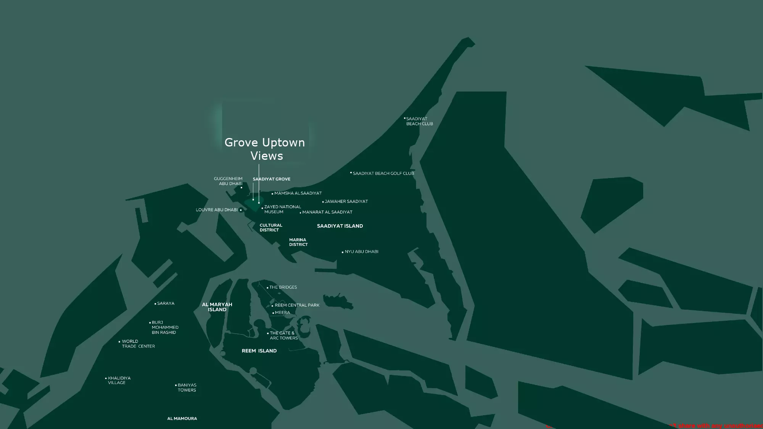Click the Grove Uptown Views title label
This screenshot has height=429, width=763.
click(265, 149)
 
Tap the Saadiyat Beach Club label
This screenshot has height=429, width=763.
click(419, 121)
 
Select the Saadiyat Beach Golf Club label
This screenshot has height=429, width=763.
click(383, 174)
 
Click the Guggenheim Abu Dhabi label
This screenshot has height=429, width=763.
click(228, 181)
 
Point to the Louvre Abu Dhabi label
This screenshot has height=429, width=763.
click(217, 210)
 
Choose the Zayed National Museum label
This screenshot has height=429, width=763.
click(282, 209)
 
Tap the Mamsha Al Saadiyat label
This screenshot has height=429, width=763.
click(298, 193)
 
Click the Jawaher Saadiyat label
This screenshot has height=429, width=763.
click(346, 201)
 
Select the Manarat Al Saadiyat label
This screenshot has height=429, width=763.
click(327, 212)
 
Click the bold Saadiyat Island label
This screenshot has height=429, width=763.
click(340, 226)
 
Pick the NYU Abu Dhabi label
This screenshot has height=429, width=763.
click(361, 252)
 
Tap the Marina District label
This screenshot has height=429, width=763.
click(298, 242)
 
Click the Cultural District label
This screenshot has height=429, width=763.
click(270, 228)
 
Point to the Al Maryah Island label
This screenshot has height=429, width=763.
click(217, 307)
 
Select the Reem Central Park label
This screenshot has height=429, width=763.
click(297, 305)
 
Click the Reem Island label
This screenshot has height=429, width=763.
click(259, 351)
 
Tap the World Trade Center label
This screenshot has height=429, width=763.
click(138, 344)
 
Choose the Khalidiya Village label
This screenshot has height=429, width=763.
click(119, 381)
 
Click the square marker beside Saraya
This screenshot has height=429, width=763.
click(155, 304)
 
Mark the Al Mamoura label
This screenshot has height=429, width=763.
click(182, 419)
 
